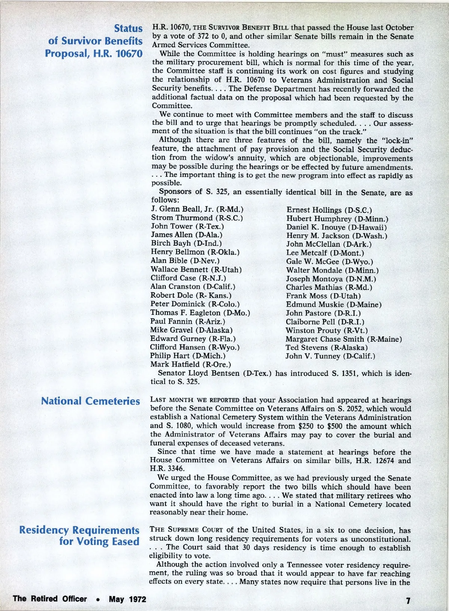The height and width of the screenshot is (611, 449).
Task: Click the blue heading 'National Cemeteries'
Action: [x=90, y=401]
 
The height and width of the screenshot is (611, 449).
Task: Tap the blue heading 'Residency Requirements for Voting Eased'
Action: [x=79, y=536]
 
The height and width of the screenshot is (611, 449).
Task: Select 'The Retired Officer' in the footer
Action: [x=49, y=599]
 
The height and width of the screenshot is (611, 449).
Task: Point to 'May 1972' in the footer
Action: [x=127, y=599]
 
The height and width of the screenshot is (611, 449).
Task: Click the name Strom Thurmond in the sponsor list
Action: [x=197, y=218]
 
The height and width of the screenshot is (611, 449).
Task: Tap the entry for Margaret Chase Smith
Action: [x=343, y=339]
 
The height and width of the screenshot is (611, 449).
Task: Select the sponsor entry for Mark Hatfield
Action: [x=190, y=364]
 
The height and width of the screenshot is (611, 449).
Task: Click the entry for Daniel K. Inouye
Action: [x=336, y=227]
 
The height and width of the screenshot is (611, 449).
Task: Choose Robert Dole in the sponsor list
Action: [x=191, y=295]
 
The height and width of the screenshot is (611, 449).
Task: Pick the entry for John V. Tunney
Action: [x=330, y=356]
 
